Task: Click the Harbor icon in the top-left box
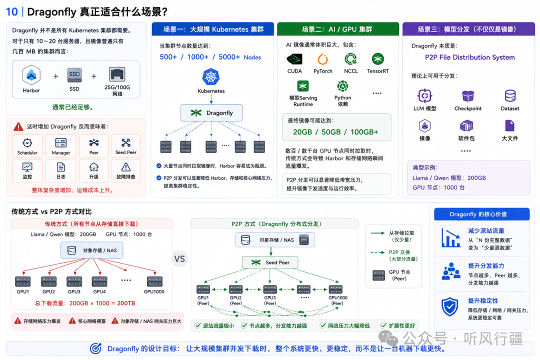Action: pyautogui.click(x=31, y=75)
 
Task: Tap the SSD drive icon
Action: pyautogui.click(x=74, y=75)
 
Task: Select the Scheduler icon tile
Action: pyautogui.click(x=27, y=145)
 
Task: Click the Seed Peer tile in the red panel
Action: pyautogui.click(x=125, y=145)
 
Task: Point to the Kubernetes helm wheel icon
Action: pyautogui.click(x=211, y=76)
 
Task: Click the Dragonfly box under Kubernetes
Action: pyautogui.click(x=211, y=112)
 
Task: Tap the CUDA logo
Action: pyautogui.click(x=294, y=59)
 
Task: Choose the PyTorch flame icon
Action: pyautogui.click(x=322, y=59)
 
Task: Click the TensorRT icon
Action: pyautogui.click(x=378, y=59)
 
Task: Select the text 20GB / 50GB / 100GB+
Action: pyautogui.click(x=335, y=132)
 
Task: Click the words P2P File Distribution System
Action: pyautogui.click(x=469, y=57)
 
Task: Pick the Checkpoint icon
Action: pyautogui.click(x=468, y=96)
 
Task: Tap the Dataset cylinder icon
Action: pyautogui.click(x=510, y=96)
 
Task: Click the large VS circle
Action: pyautogui.click(x=179, y=258)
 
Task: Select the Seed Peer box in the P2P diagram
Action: pyautogui.click(x=270, y=262)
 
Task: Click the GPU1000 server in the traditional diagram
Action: pyautogui.click(x=154, y=281)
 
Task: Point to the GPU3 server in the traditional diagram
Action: pyautogui.click(x=74, y=281)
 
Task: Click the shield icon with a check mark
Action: pyautogui.click(x=450, y=306)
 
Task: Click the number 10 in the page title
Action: pyautogui.click(x=11, y=11)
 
